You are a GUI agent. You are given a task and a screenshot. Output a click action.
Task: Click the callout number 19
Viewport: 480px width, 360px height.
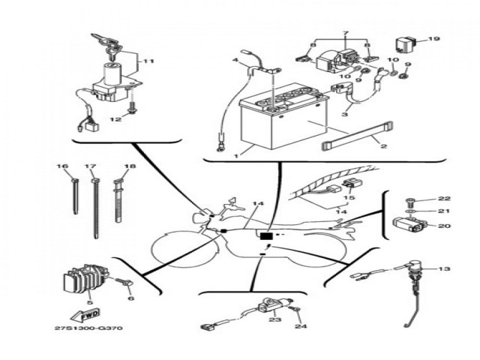pos(434,38)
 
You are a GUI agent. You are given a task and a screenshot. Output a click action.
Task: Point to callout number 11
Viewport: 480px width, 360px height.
pos(148,61)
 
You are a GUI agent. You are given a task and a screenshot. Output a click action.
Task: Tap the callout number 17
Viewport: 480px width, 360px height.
pos(91,166)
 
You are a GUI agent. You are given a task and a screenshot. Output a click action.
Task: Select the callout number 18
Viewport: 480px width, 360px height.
pos(130,166)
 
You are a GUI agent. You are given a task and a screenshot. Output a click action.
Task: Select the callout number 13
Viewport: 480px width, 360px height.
pos(445,268)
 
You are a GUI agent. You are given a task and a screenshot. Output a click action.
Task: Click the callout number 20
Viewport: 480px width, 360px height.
pos(444,226)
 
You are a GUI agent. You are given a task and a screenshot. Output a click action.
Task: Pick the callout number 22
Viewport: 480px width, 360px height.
pos(444,198)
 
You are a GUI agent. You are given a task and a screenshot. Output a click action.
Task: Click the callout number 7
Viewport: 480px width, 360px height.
pos(346,34)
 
